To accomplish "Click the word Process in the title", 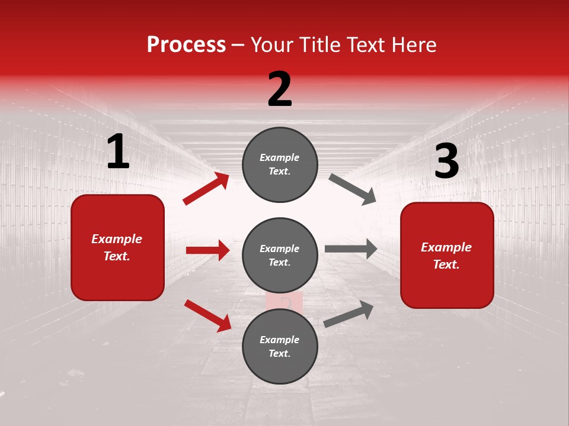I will pyautogui.click(x=186, y=45).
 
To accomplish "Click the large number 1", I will pyautogui.click(x=118, y=152).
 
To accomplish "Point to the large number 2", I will pyautogui.click(x=280, y=89).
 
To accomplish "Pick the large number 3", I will pyautogui.click(x=446, y=162).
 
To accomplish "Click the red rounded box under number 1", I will pyautogui.click(x=117, y=247).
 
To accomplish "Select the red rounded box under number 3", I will pyautogui.click(x=447, y=255).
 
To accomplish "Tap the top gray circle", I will pyautogui.click(x=280, y=164).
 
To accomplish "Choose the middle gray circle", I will pyautogui.click(x=280, y=255).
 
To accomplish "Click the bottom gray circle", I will pyautogui.click(x=280, y=346).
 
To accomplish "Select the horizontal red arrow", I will pyautogui.click(x=207, y=250).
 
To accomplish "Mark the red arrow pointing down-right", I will pyautogui.click(x=207, y=315).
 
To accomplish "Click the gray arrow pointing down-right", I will pyautogui.click(x=353, y=189).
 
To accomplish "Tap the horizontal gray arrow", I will pyautogui.click(x=351, y=249).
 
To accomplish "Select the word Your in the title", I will pyautogui.click(x=271, y=45).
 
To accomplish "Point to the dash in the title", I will pyautogui.click(x=238, y=46).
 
